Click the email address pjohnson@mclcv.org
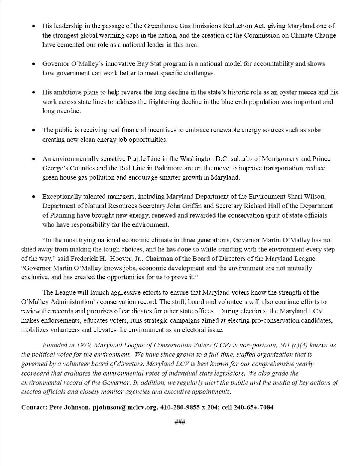coord(125,407)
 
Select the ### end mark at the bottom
coord(180,422)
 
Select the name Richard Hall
coord(251,206)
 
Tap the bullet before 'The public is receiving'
coord(34,130)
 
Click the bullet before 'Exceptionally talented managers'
coord(34,197)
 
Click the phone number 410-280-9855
coord(181,407)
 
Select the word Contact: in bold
coord(34,407)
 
